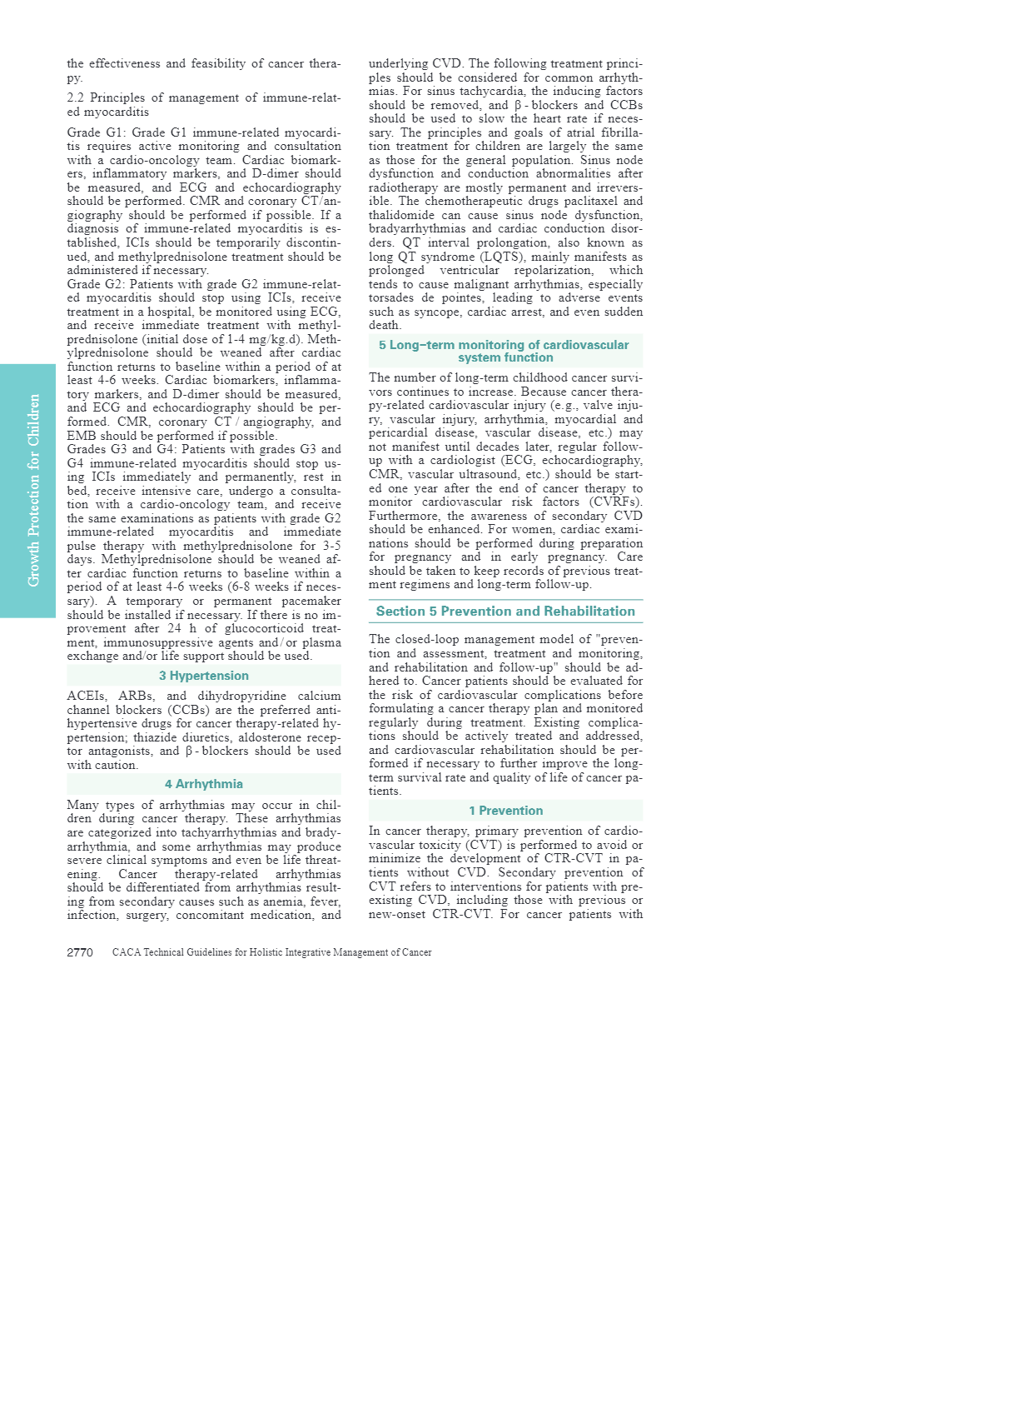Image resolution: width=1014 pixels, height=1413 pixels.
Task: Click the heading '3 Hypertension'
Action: pyautogui.click(x=204, y=676)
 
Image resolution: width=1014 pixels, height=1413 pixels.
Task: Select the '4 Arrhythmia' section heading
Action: pyautogui.click(x=204, y=784)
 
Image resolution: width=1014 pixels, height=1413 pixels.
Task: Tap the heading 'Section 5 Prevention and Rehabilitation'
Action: pyautogui.click(x=505, y=612)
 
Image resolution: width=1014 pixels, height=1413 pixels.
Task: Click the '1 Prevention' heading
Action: pyautogui.click(x=505, y=811)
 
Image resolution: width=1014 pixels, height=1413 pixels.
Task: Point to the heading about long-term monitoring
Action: pyautogui.click(x=505, y=351)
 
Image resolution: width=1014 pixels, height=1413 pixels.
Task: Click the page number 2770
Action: pyautogui.click(x=80, y=952)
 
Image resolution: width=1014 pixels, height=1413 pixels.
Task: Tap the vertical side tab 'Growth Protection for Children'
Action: pyautogui.click(x=34, y=490)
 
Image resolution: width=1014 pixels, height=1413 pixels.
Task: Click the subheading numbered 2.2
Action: pyautogui.click(x=203, y=105)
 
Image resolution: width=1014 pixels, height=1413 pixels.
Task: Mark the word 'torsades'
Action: pyautogui.click(x=391, y=297)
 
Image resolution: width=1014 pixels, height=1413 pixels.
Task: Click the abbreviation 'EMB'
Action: pyautogui.click(x=82, y=436)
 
